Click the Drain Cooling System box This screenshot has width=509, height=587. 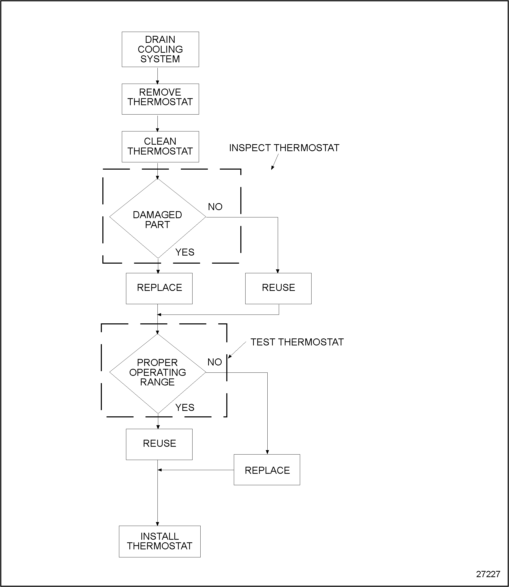160,49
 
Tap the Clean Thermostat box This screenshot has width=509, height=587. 160,146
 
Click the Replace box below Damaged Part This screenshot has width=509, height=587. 159,288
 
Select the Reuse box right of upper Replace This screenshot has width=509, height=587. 278,288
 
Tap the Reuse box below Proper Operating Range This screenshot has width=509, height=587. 159,444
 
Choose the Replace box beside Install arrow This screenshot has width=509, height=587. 267,470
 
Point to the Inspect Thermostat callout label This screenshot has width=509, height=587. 284,148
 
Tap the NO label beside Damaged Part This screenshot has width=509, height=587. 215,207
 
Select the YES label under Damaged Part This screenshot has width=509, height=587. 185,252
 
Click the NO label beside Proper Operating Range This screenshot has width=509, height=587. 214,362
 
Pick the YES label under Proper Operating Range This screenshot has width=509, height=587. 185,408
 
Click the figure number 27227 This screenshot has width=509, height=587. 488,574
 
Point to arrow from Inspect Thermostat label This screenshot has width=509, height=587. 275,162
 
